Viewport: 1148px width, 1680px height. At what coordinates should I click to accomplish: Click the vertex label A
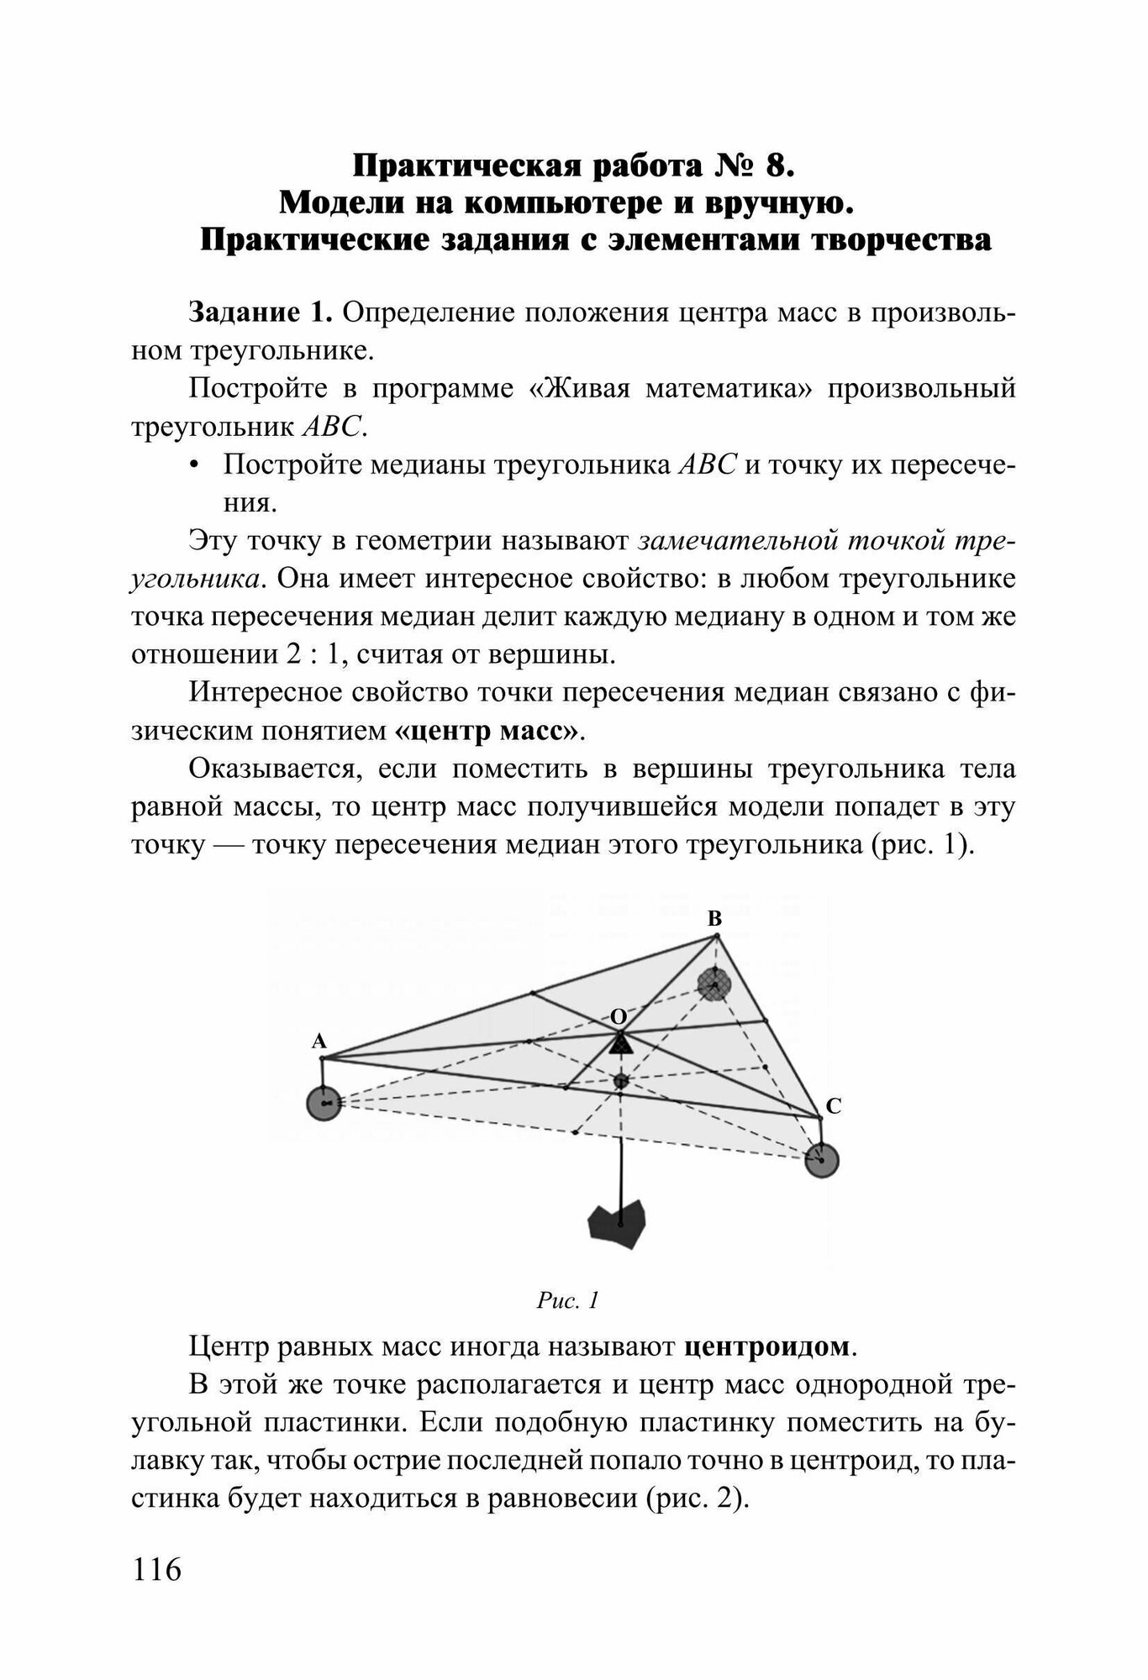pos(319,1042)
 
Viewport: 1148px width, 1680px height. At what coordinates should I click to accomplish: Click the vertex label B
pos(714,920)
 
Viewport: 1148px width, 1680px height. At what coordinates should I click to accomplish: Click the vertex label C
pos(833,1106)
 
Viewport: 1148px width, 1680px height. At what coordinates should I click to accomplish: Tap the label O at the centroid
pos(619,1017)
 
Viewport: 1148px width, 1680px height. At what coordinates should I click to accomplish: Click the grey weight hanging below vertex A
pos(324,1103)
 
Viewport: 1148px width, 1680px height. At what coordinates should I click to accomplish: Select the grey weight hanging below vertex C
pos(821,1160)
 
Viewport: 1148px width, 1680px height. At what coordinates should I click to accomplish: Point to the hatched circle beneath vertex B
pos(714,984)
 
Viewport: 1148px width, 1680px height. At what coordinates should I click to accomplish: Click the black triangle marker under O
pos(620,1045)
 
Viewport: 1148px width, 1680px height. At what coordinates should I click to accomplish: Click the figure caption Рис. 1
pos(567,1301)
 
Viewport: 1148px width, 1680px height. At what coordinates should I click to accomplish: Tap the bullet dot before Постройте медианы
pos(195,467)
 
